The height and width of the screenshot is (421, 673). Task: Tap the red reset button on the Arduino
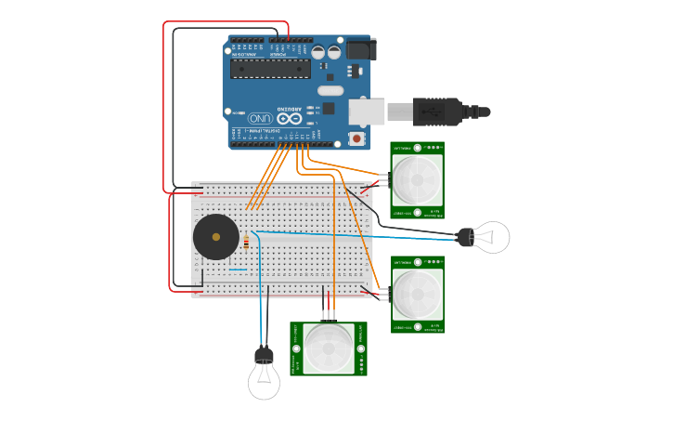point(356,138)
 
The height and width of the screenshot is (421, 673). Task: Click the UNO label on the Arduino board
point(259,119)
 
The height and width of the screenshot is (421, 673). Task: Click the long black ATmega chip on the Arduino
point(270,69)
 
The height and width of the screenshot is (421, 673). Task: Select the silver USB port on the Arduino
point(367,112)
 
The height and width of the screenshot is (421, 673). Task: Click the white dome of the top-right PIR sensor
point(417,179)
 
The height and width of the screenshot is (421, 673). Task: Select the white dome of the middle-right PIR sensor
point(417,295)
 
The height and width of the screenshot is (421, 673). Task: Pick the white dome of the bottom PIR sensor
point(329,349)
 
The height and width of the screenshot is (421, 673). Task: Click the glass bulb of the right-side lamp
point(492,237)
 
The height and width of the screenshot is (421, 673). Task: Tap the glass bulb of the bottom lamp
point(264,382)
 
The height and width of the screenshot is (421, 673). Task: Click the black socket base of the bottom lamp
point(264,355)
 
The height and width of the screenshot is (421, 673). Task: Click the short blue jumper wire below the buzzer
point(238,270)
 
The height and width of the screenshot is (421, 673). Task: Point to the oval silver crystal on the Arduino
point(330,90)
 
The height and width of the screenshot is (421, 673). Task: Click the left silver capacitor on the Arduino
point(318,53)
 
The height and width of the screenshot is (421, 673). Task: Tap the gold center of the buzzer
point(216,237)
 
